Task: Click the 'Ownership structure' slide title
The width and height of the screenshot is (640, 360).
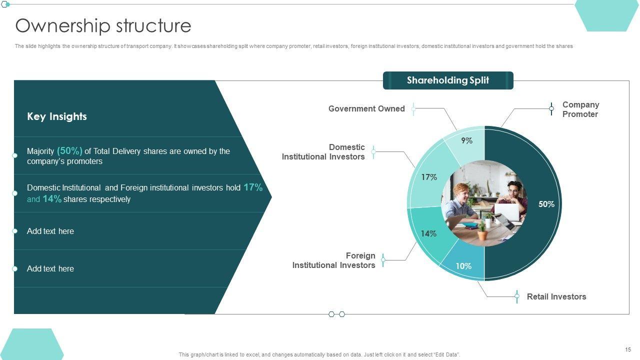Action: coord(103,25)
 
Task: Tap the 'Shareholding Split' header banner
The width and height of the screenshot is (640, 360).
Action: coord(448,80)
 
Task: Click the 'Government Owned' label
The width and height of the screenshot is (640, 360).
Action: coord(366,109)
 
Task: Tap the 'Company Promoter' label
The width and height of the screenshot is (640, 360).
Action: coord(580,109)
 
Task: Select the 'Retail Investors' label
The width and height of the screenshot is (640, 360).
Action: coord(556,297)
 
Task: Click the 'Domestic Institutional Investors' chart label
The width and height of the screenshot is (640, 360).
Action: coord(323,152)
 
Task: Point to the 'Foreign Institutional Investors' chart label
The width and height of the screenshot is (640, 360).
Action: coord(334,260)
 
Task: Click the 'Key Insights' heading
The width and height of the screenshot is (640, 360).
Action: coord(57,116)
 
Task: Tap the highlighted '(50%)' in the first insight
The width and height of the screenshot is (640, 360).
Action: coord(69,150)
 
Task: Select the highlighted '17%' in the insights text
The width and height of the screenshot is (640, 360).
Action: coord(253,187)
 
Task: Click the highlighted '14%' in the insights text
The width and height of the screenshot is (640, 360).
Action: coord(52,199)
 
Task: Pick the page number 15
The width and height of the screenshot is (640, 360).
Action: coord(628,349)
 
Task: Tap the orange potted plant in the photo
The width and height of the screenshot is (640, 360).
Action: coord(481,233)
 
